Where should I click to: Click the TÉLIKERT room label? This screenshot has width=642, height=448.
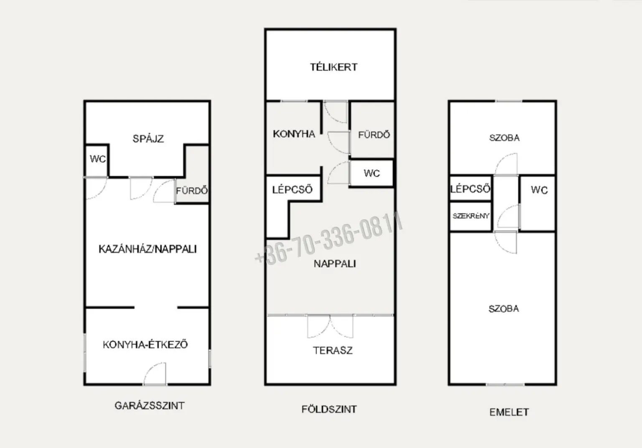tap(334, 67)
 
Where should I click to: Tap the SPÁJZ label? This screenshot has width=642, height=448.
tap(148, 139)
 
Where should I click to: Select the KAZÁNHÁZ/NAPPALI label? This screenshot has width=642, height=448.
tap(148, 249)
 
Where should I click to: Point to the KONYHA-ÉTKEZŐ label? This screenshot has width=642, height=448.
tap(145, 344)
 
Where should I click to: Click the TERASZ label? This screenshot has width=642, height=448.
tap(333, 350)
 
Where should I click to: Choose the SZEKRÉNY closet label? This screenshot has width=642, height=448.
tap(471, 216)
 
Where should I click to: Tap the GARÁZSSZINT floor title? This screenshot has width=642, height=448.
tap(150, 405)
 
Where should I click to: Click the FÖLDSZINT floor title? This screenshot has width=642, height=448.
tap(329, 409)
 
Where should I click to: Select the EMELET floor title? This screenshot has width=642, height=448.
tap(509, 412)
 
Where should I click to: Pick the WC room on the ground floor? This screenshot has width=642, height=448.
tap(372, 173)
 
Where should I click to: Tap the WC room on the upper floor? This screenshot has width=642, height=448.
tap(538, 203)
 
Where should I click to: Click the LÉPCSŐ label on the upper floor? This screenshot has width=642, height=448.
tap(470, 189)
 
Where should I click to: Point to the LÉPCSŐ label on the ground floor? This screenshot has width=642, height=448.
tap(292, 189)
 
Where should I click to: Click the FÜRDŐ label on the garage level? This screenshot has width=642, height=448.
tap(192, 191)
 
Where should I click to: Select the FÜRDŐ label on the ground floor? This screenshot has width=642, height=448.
tap(374, 135)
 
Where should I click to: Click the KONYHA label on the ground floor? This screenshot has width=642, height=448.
tap(294, 134)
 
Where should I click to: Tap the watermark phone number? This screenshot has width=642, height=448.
tap(329, 239)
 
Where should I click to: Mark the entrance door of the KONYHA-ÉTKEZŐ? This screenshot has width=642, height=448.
tap(155, 374)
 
